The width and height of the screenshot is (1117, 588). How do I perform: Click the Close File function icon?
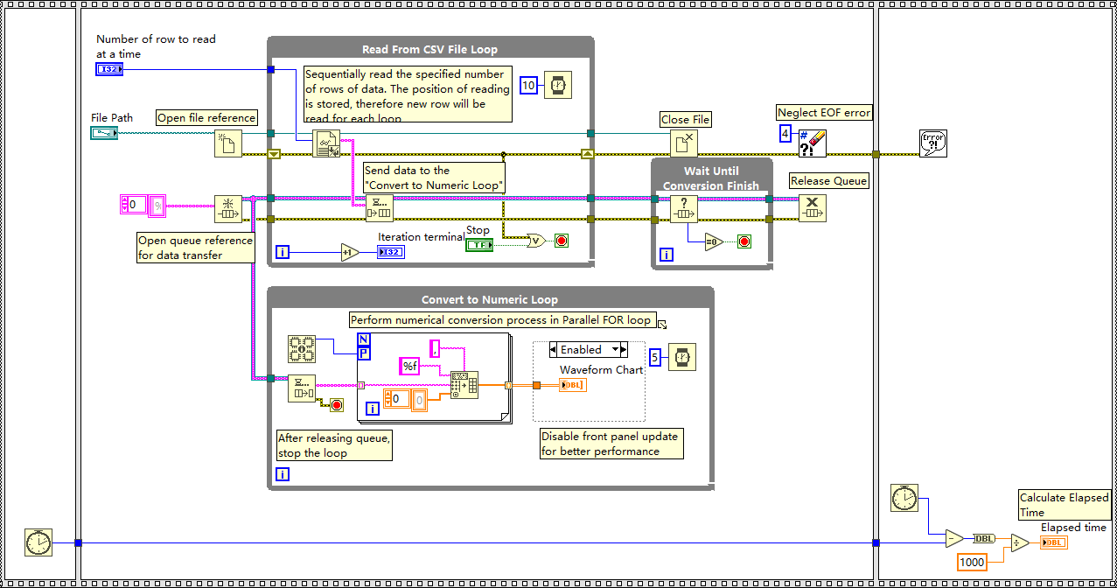(684, 143)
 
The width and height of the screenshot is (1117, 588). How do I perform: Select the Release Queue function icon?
(812, 208)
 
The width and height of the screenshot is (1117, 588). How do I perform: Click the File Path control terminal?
(103, 133)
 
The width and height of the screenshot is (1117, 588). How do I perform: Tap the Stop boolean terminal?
(478, 245)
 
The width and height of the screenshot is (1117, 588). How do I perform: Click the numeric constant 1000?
(972, 562)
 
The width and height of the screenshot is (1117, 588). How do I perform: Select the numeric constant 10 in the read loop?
(528, 85)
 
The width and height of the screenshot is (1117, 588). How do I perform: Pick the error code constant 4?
(785, 134)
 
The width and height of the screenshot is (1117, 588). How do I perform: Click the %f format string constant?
(409, 367)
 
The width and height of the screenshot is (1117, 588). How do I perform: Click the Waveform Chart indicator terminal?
(573, 385)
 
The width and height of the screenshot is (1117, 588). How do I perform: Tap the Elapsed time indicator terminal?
(1054, 542)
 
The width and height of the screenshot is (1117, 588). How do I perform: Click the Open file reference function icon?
(228, 143)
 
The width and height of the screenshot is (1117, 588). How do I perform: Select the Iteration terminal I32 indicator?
(391, 253)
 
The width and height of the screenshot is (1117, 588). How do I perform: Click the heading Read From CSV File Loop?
(429, 50)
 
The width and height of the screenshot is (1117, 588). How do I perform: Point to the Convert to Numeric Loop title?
(490, 299)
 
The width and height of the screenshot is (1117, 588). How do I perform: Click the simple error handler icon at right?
(933, 143)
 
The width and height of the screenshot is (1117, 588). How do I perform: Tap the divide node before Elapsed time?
(1020, 543)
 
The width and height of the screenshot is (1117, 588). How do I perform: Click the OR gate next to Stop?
(535, 241)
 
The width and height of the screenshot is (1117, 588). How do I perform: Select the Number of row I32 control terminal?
(109, 69)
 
